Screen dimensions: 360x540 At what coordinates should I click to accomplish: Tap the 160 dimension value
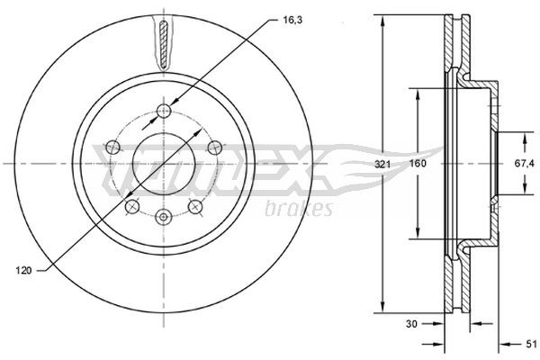click(x=418, y=165)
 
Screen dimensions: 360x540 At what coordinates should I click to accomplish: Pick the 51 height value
click(x=530, y=344)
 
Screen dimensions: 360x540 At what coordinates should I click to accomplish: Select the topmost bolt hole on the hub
click(x=163, y=111)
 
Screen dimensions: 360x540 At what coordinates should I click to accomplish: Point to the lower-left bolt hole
click(x=131, y=208)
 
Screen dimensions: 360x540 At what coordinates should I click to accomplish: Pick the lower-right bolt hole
click(x=194, y=208)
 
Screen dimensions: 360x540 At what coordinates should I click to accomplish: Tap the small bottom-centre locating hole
click(x=163, y=217)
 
